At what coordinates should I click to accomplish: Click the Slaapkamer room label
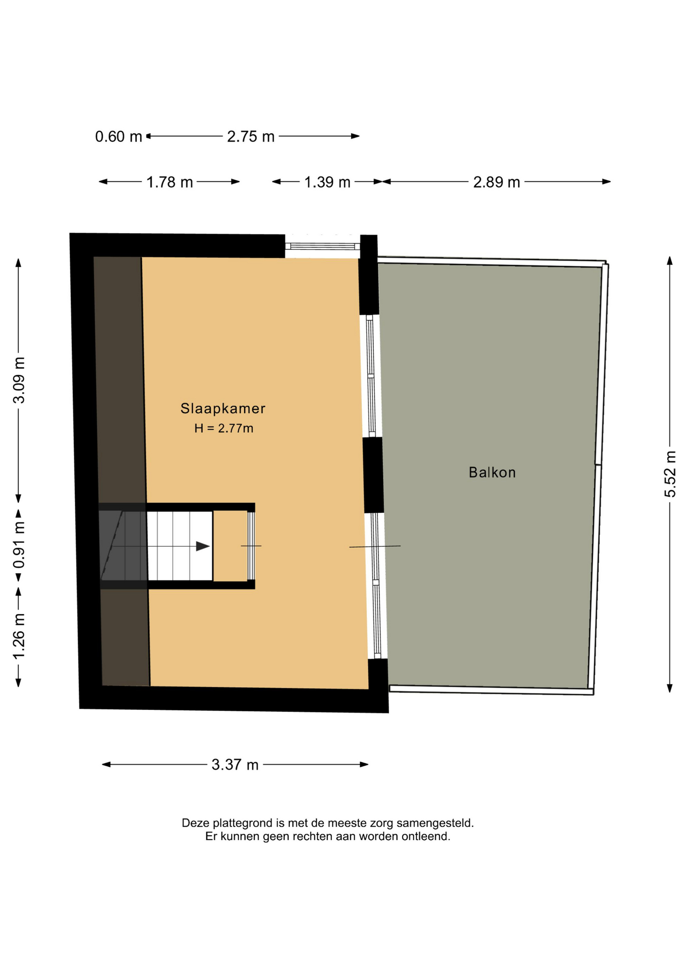point(222,408)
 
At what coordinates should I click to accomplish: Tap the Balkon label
point(492,472)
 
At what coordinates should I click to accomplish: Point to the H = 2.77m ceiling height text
point(223,428)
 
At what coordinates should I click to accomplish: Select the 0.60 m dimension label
point(119,137)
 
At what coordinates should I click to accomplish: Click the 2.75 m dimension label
point(251,137)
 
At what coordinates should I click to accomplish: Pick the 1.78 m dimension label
point(169,182)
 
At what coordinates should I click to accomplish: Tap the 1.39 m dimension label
point(327,182)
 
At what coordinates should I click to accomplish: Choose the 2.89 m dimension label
point(496,182)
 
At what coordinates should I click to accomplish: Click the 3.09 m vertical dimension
point(19,380)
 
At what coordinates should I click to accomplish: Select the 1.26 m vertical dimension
point(19,637)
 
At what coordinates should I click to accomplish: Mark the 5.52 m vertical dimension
point(670,474)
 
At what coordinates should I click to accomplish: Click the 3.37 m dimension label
point(235,765)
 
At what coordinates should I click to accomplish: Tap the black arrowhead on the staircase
point(203,546)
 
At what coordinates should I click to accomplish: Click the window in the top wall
point(322,246)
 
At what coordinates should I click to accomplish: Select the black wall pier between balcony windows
point(373,475)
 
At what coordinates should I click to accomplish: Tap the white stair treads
point(180,546)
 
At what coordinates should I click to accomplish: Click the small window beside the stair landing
point(251,546)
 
